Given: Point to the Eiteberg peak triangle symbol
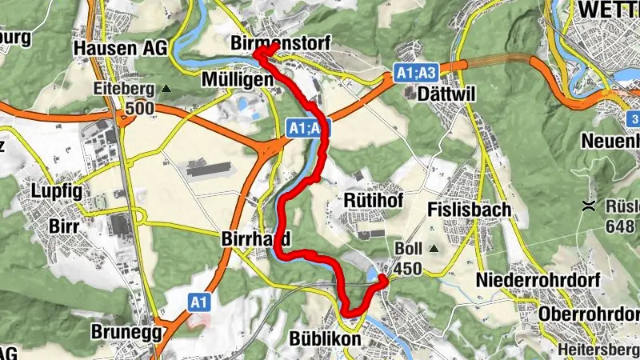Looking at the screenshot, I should point(166,88).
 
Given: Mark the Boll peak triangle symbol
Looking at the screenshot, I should point(434,249).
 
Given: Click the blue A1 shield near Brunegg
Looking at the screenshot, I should point(199,302).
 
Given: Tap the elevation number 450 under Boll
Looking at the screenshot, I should point(409,269).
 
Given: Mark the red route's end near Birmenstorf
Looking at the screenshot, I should point(273,48).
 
